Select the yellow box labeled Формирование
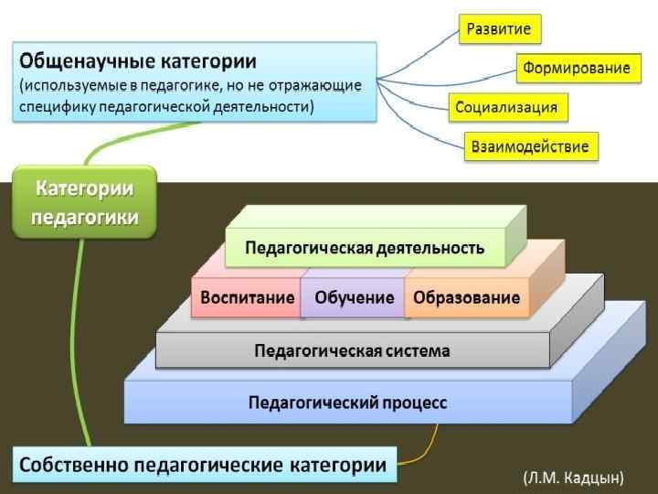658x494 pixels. [x=576, y=69]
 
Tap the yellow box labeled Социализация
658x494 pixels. [x=506, y=108]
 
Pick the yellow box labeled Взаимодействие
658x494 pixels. [x=530, y=146]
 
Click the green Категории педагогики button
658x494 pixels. [x=84, y=202]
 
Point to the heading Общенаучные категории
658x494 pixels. [x=138, y=61]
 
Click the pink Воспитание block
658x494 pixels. [x=247, y=297]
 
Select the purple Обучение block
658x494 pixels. [x=354, y=297]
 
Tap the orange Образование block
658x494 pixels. [x=466, y=297]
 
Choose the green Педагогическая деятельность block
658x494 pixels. [x=364, y=248]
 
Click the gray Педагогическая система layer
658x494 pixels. [x=352, y=349]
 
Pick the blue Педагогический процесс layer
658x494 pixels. [x=347, y=403]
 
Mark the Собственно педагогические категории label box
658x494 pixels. [x=204, y=465]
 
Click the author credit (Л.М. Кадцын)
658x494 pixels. [x=573, y=477]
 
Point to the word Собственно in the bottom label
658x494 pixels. [x=74, y=465]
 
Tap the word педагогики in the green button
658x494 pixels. [x=84, y=217]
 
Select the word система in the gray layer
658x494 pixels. [x=418, y=349]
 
